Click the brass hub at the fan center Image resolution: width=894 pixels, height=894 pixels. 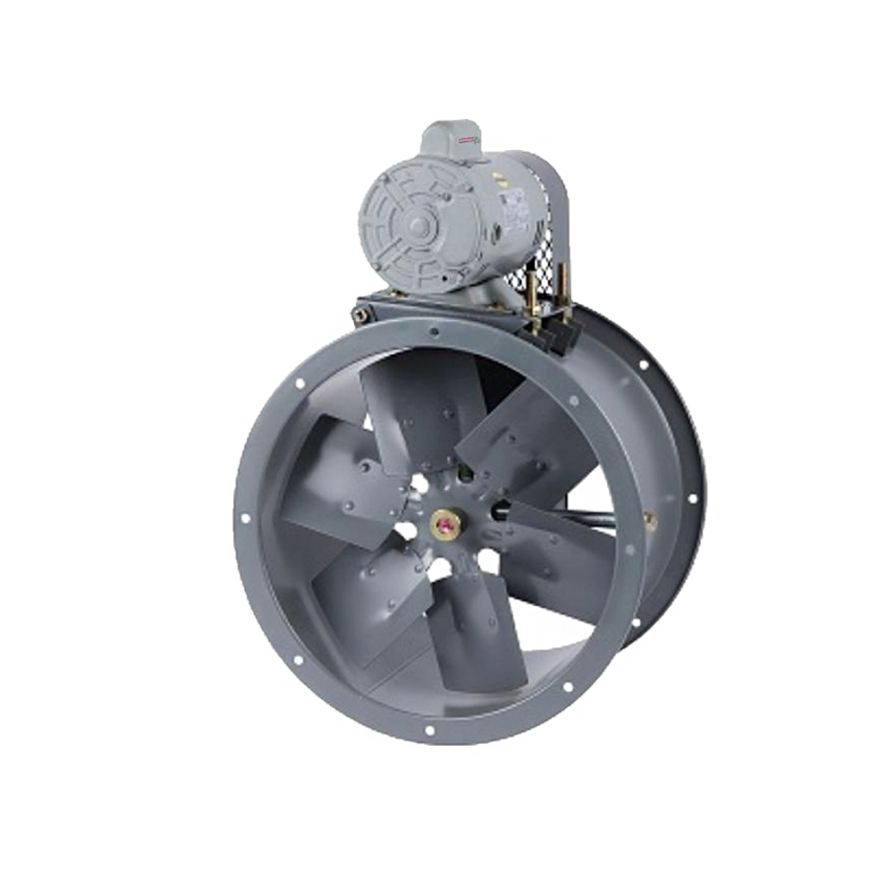coord(443,525)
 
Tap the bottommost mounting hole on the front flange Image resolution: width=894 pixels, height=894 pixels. coord(429,730)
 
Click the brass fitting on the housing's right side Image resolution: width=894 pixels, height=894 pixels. coord(650,519)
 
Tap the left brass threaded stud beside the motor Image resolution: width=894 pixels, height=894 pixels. coord(535,291)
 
